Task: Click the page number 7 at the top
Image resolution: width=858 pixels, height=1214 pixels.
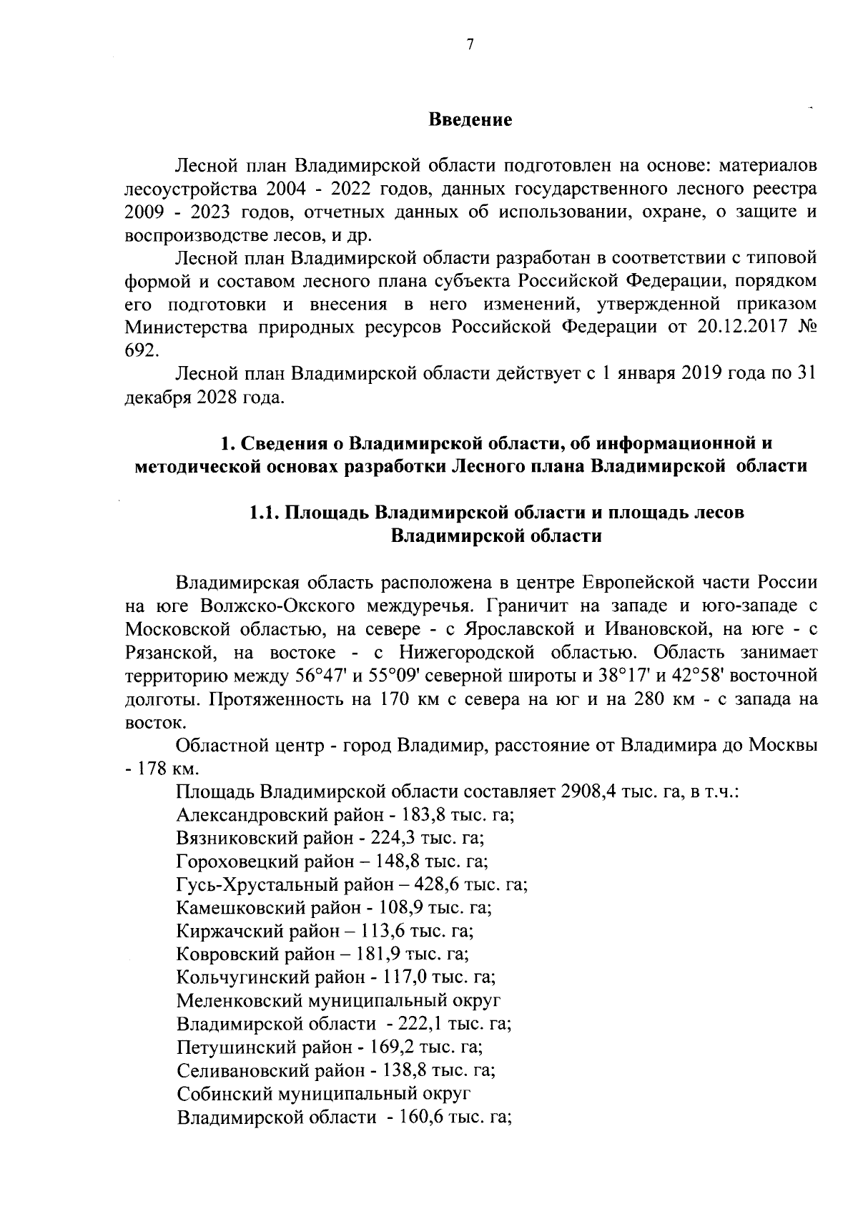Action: [x=470, y=44]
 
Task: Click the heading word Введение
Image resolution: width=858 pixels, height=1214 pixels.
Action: [x=470, y=119]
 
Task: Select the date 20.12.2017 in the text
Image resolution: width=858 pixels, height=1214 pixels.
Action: [x=746, y=327]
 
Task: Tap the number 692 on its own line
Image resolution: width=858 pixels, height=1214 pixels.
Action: [x=139, y=350]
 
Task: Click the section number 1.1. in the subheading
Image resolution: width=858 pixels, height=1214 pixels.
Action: [x=266, y=513]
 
